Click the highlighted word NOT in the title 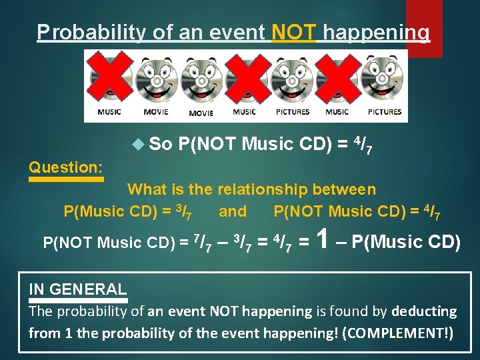pyautogui.click(x=294, y=32)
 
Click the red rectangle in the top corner pyautogui.click(x=424, y=27)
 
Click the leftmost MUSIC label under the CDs pyautogui.click(x=109, y=112)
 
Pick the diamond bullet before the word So pyautogui.click(x=138, y=143)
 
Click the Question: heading pyautogui.click(x=65, y=167)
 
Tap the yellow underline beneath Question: pyautogui.click(x=66, y=179)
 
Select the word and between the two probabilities pyautogui.click(x=232, y=212)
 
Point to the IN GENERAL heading pyautogui.click(x=77, y=289)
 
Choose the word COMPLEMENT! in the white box pyautogui.click(x=396, y=333)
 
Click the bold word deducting pyautogui.click(x=424, y=311)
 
